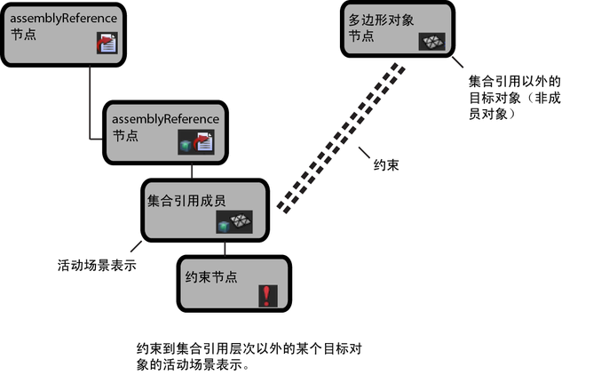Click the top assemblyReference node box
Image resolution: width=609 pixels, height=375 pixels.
[62, 33]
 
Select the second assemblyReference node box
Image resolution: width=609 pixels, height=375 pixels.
[164, 130]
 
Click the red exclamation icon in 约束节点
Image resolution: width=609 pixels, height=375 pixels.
[266, 296]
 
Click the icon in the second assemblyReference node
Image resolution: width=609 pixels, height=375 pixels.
[197, 142]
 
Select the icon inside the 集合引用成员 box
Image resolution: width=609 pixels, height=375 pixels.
[235, 223]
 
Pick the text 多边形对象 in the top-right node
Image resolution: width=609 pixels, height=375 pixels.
[378, 20]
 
